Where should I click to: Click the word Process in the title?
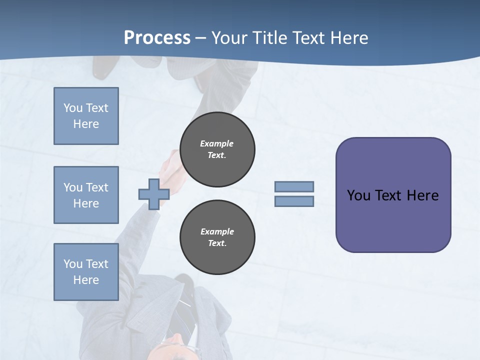pos(157,38)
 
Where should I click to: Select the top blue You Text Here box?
pos(86,116)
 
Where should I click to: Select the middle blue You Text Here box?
pos(86,195)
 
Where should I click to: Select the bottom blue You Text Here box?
pos(86,272)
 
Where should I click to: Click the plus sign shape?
pos(154,194)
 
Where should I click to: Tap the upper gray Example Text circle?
pos(217,149)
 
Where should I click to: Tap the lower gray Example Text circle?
pos(217,237)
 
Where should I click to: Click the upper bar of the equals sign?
pos(294,186)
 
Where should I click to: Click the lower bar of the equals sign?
pos(294,201)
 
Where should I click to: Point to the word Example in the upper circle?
pos(216,143)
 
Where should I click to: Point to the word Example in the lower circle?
pos(217,231)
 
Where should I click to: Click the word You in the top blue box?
pos(73,108)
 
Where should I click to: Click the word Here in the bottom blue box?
pos(86,280)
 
